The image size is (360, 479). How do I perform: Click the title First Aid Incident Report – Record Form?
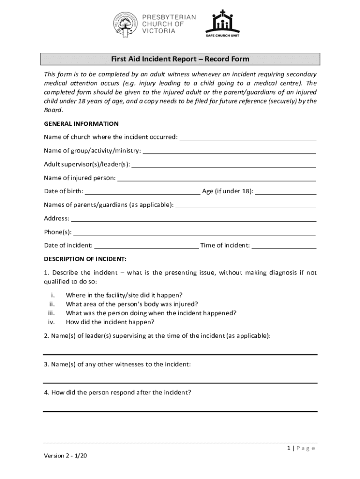pyautogui.click(x=180, y=59)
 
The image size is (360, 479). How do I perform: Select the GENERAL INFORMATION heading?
pyautogui.click(x=81, y=124)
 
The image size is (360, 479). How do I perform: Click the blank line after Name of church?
pyautogui.click(x=248, y=138)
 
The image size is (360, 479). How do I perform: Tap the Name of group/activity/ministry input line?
pyautogui.click(x=229, y=152)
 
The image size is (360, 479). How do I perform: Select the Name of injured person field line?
pyautogui.click(x=216, y=179)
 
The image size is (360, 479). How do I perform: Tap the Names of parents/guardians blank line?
pyautogui.click(x=245, y=206)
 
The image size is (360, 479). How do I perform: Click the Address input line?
pyautogui.click(x=194, y=220)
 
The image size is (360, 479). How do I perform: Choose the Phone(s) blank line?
pyautogui.click(x=194, y=233)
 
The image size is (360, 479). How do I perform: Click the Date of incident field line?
pyautogui.click(x=146, y=247)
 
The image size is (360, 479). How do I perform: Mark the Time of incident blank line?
pyautogui.click(x=284, y=247)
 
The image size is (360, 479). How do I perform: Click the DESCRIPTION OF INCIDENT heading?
pyautogui.click(x=85, y=259)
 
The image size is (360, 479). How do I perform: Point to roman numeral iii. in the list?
pyautogui.click(x=52, y=313)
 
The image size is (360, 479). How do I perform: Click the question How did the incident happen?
pyautogui.click(x=110, y=322)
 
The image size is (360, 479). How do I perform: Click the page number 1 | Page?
pyautogui.click(x=301, y=448)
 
